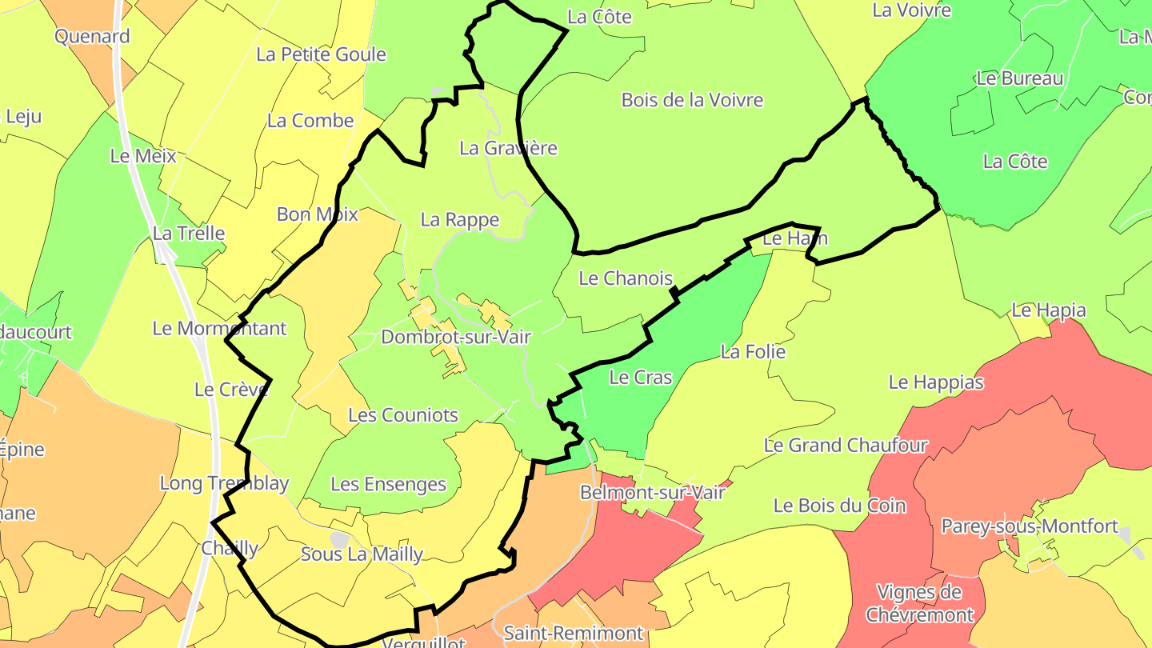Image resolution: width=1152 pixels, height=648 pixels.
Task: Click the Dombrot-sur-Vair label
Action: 456,337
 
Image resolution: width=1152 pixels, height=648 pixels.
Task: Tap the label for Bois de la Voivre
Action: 692,100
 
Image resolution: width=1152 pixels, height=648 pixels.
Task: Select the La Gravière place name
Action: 508,148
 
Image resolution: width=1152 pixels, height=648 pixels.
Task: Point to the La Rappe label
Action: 459,220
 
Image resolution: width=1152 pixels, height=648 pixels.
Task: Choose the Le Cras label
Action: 641,378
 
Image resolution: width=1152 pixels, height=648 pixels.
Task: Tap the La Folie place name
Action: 753,352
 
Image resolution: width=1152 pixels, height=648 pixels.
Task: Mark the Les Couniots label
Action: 403,415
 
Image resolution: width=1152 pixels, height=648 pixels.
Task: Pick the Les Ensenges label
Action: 388,484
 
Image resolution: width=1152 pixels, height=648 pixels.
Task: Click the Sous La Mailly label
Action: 362,554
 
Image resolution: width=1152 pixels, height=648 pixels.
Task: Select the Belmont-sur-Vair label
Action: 652,492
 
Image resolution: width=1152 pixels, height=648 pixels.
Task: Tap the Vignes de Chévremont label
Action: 919,603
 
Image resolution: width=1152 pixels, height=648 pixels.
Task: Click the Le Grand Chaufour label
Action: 846,446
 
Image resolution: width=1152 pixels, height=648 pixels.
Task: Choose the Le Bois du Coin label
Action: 839,506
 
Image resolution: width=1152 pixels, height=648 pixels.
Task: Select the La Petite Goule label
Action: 321,54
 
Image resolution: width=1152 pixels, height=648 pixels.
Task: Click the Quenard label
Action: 92,36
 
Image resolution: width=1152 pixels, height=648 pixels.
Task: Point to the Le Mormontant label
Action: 219,328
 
